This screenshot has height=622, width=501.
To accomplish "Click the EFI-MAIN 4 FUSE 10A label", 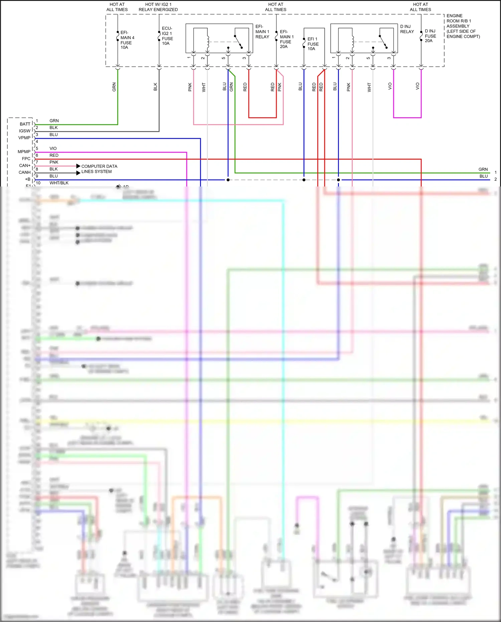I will [127, 40].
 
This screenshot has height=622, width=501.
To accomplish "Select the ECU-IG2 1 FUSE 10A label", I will [167, 36].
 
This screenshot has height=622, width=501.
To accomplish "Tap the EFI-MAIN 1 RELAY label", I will [262, 32].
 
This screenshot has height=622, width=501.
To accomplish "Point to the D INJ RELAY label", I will [407, 29].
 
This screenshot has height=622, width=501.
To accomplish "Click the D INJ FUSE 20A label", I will [430, 36].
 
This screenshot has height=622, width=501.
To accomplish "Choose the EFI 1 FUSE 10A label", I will [313, 44].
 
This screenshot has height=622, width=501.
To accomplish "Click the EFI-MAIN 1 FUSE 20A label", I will [287, 39].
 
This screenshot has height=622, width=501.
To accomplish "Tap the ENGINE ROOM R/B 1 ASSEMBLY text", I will [463, 26].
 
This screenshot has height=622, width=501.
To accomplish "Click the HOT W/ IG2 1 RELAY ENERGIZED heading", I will [158, 7].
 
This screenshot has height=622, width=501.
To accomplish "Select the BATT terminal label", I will [25, 124].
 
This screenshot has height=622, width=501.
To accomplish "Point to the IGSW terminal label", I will [25, 131].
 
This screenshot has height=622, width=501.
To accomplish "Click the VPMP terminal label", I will [24, 138].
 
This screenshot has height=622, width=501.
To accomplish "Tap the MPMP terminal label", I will [24, 152].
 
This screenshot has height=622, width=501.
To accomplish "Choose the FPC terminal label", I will [26, 159].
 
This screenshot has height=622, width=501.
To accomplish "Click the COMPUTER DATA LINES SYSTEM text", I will [99, 169].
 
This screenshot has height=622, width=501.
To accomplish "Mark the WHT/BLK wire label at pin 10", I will [59, 183].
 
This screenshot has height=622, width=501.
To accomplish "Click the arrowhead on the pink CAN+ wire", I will [78, 166].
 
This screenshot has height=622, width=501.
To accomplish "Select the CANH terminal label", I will [25, 172].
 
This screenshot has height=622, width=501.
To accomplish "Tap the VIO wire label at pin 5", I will [53, 148].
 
